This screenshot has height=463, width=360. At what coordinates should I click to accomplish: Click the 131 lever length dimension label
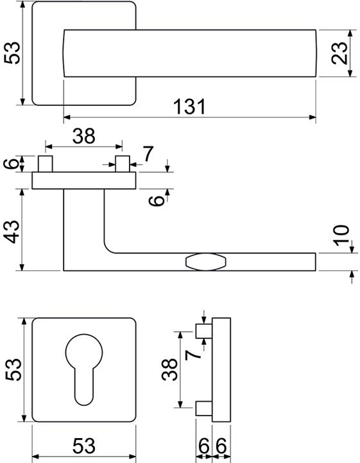pos(189,107)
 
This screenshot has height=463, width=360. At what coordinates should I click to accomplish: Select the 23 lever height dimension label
pos(339,53)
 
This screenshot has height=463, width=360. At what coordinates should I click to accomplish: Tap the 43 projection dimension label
pos(13,232)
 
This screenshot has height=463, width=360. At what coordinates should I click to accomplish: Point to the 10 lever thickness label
pos(341,235)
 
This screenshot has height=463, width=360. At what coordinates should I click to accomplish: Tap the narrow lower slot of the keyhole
pos(84,387)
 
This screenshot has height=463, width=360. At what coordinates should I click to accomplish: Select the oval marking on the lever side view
pos(206,261)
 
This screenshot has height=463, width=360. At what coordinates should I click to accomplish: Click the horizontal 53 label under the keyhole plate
pos(84,446)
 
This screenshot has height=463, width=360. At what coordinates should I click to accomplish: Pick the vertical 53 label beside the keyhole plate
pos(13,369)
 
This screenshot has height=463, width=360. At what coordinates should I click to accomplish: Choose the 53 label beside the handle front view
pos(12,53)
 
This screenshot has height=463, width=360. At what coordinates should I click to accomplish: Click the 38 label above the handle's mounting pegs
pos(84,136)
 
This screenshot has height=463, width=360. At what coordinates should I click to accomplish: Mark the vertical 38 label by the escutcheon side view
pos(169,369)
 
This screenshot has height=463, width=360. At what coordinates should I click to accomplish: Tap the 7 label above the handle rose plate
pos(148,154)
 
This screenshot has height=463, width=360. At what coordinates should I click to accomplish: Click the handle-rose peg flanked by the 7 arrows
pos(123,164)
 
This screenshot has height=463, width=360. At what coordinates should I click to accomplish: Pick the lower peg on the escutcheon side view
pos(204,408)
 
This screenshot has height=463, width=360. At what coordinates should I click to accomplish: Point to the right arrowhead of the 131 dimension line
pos(313,118)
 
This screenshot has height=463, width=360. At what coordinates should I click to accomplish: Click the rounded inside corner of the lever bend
pos(108,249)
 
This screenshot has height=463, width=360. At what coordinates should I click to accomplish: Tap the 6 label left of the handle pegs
pos(11,164)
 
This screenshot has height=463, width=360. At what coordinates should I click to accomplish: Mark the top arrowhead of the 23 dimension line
pos(350,33)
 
